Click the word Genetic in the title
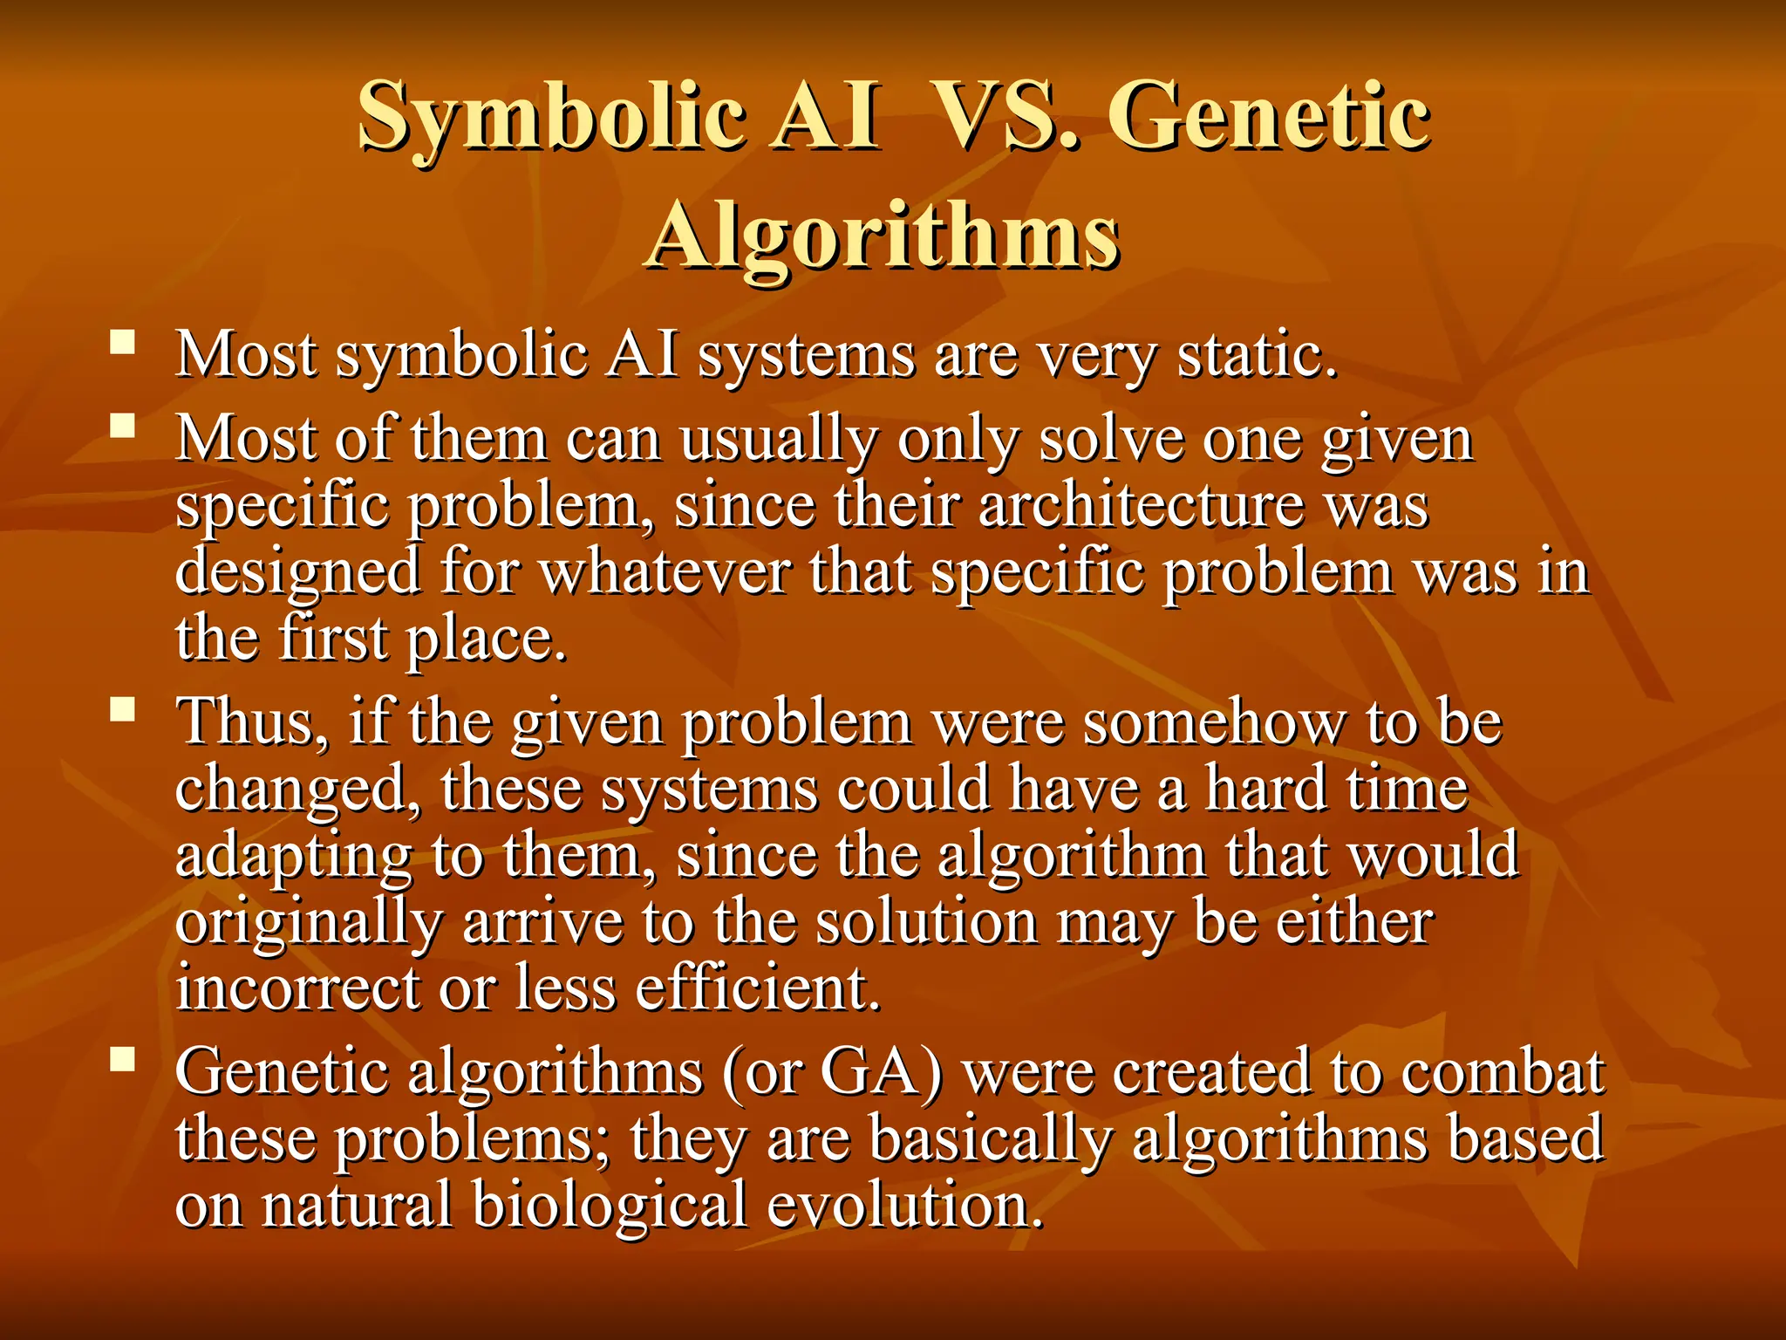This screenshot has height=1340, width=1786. [x=1272, y=116]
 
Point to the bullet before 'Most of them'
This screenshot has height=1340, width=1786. [x=123, y=425]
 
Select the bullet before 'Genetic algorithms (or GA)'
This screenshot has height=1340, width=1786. [x=123, y=1059]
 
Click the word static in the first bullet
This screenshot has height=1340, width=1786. [x=1256, y=356]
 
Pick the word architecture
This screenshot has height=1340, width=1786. [x=1141, y=506]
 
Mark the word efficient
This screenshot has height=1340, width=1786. [x=757, y=988]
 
